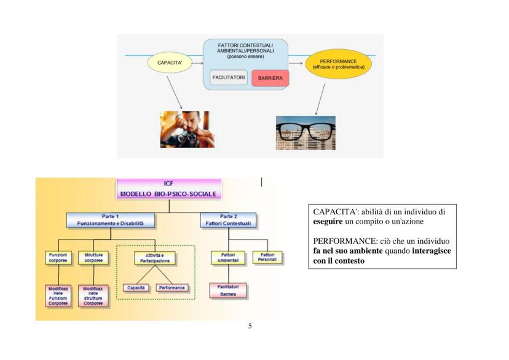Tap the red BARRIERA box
[x=270, y=79]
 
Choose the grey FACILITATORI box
[x=228, y=78]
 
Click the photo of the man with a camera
[x=184, y=130]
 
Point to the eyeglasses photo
[x=297, y=132]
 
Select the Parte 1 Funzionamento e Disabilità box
[x=109, y=220]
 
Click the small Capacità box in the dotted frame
[x=136, y=287]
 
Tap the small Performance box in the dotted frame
[x=172, y=287]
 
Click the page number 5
[x=250, y=326]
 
